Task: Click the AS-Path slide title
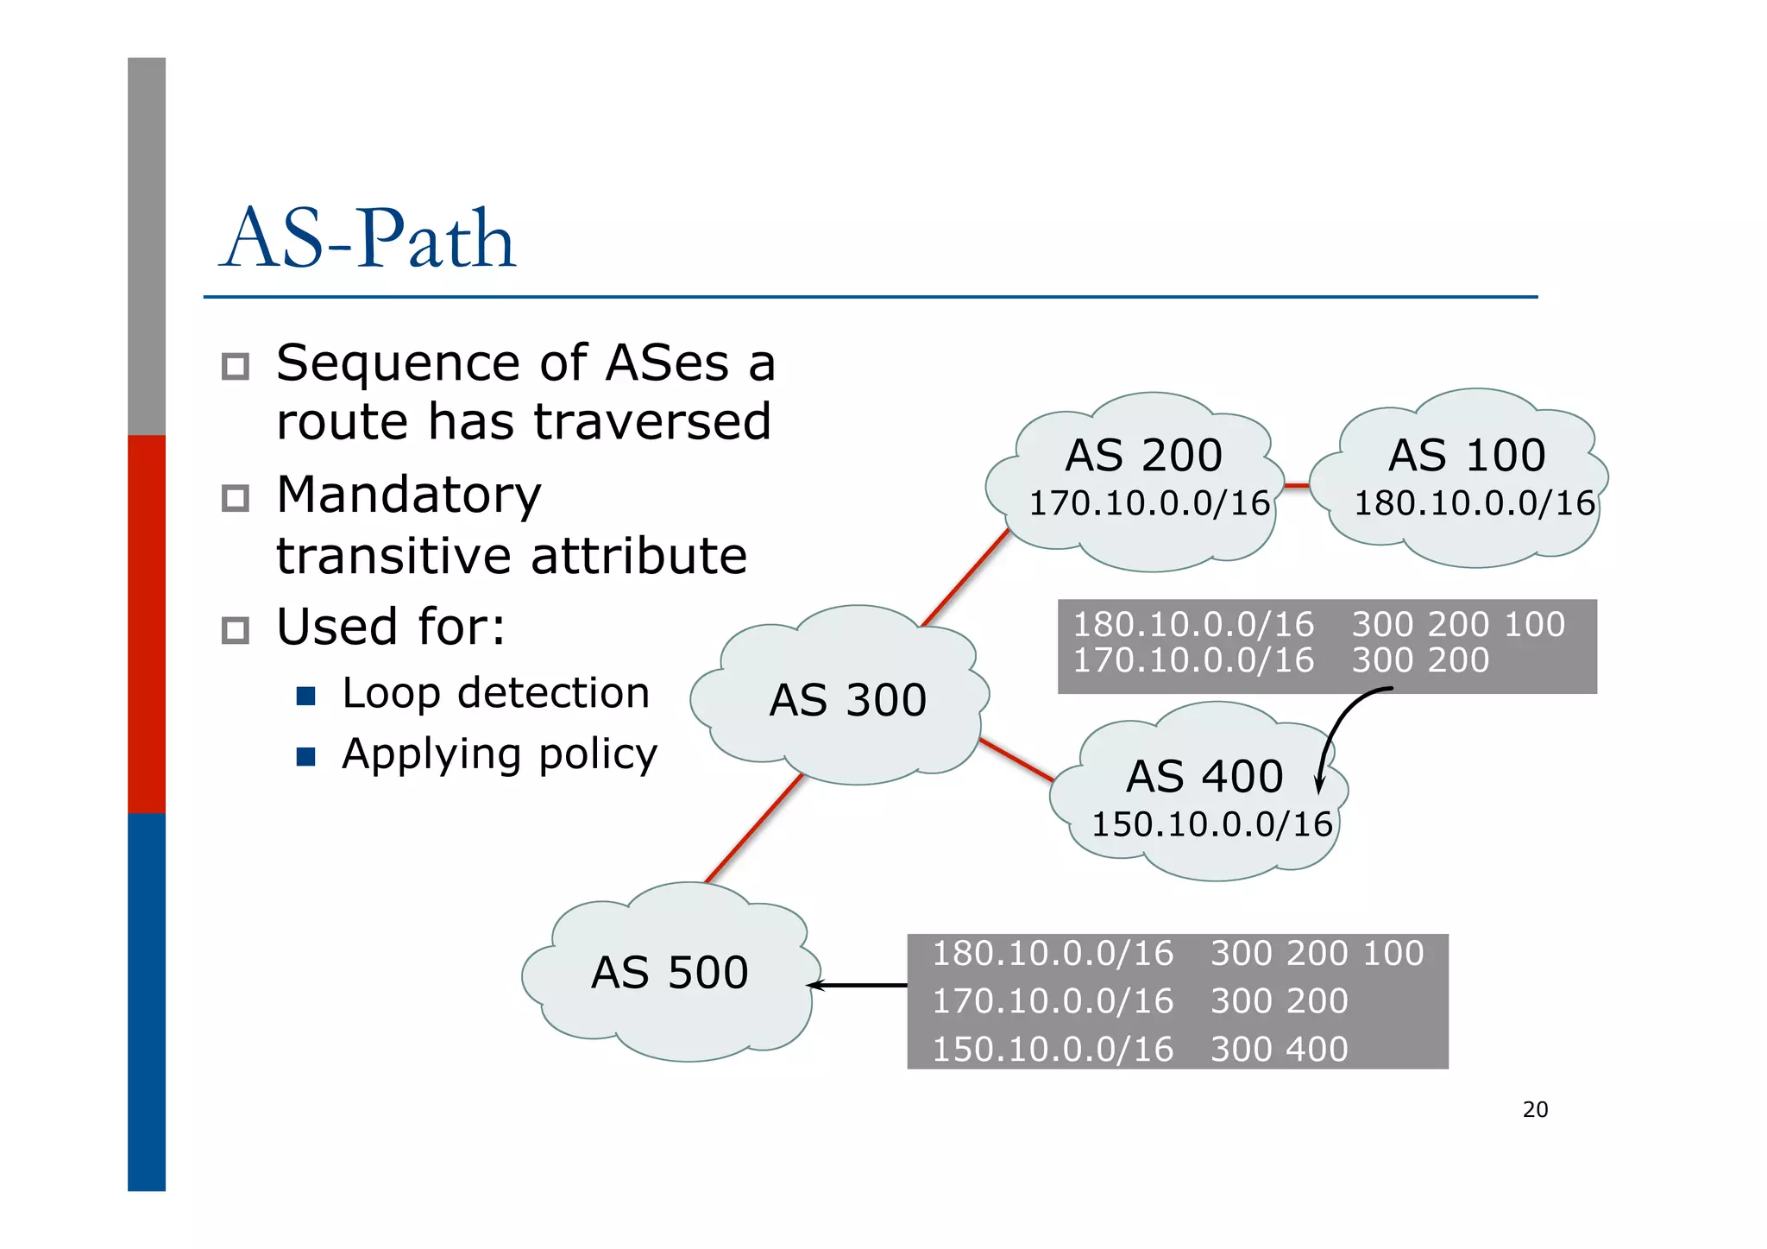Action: point(368,239)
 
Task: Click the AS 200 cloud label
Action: point(1143,455)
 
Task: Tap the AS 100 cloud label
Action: point(1466,455)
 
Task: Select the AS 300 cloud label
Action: point(847,699)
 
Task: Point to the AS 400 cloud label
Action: point(1204,776)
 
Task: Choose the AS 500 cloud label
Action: point(670,973)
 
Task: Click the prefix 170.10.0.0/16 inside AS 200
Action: point(1149,503)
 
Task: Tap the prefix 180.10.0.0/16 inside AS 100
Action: point(1474,503)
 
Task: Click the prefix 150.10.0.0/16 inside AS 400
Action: point(1211,824)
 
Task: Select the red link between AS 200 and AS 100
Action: point(1296,486)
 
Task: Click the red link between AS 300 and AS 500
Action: point(754,829)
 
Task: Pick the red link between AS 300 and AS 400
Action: point(1016,760)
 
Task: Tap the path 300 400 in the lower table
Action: point(1279,1049)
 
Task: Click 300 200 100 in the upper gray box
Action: point(1457,624)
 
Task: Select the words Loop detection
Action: point(495,693)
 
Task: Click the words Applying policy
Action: point(500,754)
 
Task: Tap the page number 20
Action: point(1534,1110)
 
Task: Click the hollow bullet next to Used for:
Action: point(236,630)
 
